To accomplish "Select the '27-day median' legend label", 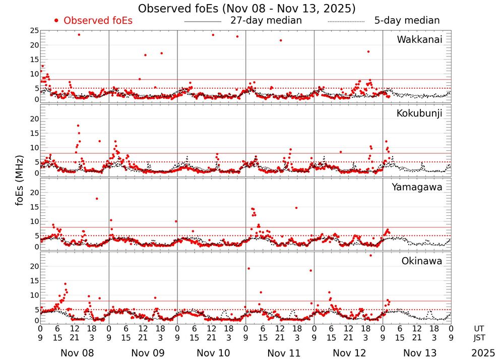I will [x=266, y=21].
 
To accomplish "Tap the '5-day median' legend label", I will [x=407, y=21].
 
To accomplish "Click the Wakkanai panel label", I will [x=419, y=40].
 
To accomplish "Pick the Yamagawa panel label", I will [x=417, y=187].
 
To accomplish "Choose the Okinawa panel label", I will [x=422, y=261].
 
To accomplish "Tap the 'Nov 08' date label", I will [x=77, y=353].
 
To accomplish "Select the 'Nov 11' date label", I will [x=284, y=353].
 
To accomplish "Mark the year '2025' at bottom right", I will [x=483, y=353].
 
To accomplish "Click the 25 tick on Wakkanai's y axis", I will [x=34, y=31].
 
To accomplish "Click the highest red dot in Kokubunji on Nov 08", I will [x=78, y=126].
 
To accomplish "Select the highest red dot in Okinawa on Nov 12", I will [x=370, y=255].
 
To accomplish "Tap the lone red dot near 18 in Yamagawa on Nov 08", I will [x=97, y=199].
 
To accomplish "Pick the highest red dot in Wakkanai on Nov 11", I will [x=281, y=40].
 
